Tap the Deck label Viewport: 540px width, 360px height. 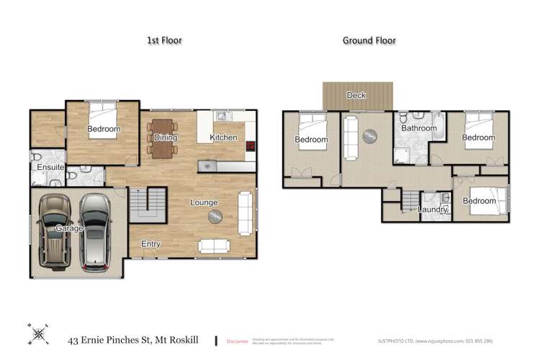(x=356, y=95)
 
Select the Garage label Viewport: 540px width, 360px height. (x=71, y=228)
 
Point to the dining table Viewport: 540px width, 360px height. (x=163, y=137)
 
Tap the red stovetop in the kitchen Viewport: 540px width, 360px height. (x=250, y=145)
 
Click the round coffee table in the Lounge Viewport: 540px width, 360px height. (x=215, y=217)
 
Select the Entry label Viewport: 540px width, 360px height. (x=150, y=244)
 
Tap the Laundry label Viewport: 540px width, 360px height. (x=433, y=210)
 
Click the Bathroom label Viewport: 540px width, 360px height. (x=419, y=128)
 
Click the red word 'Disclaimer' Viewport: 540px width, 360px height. (x=237, y=341)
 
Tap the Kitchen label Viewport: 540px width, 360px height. (x=223, y=137)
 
